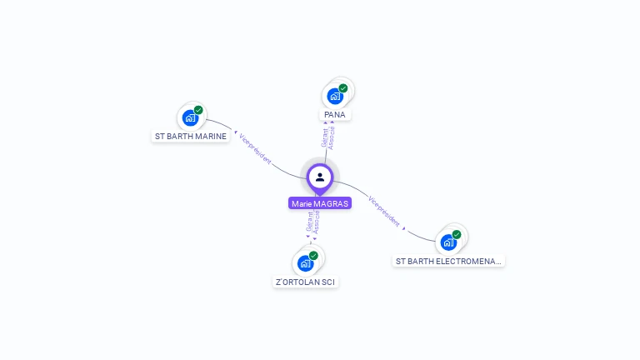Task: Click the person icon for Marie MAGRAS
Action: coord(320,177)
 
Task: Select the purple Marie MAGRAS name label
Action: coord(320,203)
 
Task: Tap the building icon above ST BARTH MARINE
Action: coord(190,117)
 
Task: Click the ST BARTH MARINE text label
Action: coord(191,136)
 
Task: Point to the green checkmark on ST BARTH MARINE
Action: coord(198,110)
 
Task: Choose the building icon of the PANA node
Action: coord(335,96)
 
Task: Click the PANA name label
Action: coord(335,114)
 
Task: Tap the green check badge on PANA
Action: coord(343,88)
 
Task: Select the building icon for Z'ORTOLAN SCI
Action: coord(306,263)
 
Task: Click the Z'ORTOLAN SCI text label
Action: coord(306,282)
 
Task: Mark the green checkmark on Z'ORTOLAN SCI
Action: coord(313,256)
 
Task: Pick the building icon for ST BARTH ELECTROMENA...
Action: coord(448,242)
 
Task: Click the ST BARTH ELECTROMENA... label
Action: coord(448,261)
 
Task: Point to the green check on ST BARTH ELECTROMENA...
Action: coord(457,235)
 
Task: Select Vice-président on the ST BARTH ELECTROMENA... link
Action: coord(383,210)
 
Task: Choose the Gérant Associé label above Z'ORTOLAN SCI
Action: coord(313,221)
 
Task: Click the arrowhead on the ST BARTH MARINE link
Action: coord(236,132)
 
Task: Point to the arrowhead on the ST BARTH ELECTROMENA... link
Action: coord(405,227)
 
